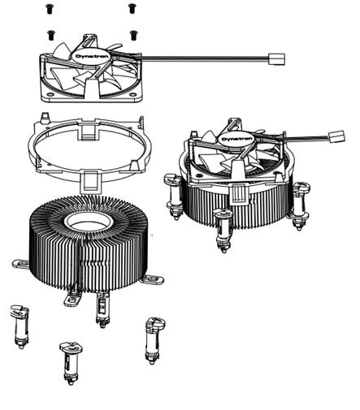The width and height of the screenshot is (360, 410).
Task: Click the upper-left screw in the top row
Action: [x=49, y=9]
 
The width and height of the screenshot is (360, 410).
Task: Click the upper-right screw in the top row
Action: [x=132, y=8]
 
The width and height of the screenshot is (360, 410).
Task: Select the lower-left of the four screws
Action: [x=50, y=35]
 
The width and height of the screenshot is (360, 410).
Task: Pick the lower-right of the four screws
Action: [x=133, y=35]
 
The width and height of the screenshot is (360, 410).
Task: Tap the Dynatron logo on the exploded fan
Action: [x=89, y=56]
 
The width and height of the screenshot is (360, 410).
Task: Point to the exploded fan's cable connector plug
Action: [x=276, y=59]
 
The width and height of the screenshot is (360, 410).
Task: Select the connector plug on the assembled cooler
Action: [x=336, y=136]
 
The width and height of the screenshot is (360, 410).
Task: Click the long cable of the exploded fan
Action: [x=205, y=58]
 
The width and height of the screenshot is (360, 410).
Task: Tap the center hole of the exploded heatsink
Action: [x=89, y=222]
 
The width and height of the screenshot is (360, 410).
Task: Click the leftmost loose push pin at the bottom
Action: [x=20, y=326]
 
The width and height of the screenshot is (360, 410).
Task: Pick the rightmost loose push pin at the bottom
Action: [x=155, y=340]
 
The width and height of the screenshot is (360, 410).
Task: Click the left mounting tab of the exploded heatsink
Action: [x=21, y=264]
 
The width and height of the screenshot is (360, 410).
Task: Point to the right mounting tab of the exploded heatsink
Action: [x=152, y=279]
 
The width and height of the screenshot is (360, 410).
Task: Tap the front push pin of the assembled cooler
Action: [x=223, y=230]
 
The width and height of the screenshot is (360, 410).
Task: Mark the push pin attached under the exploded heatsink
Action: [x=102, y=309]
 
